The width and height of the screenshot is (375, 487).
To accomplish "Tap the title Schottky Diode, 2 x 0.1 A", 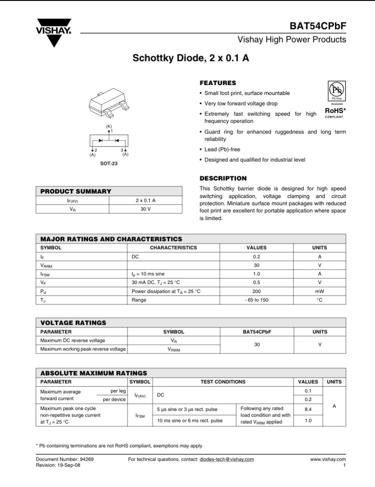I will coord(191,59).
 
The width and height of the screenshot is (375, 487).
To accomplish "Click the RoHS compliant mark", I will coord(335,111).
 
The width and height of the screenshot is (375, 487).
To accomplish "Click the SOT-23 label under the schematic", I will coord(109,164).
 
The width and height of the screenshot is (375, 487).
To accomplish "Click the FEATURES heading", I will coord(218,83).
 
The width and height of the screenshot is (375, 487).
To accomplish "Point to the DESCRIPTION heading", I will coord(223,178).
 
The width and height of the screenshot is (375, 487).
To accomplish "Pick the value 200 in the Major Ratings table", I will coord(256,291).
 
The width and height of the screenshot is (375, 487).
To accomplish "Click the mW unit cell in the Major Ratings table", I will coord(319,291).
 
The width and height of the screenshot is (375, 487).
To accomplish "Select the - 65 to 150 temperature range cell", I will coord(256,300).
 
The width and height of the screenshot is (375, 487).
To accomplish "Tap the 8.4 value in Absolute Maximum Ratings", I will coord(308,409).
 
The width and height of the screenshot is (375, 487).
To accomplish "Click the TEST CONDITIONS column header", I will coord(223,382).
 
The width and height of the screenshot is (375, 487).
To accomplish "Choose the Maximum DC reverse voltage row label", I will coord(73,340).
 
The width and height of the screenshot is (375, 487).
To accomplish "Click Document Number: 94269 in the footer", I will coord(65,459).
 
